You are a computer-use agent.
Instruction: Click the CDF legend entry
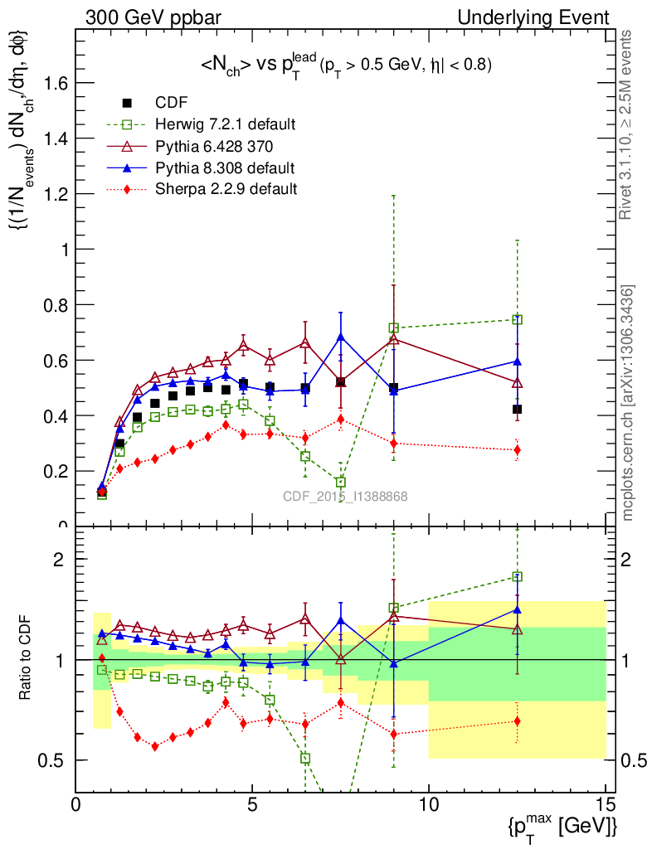point(171,103)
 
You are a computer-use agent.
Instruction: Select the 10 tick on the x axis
point(429,805)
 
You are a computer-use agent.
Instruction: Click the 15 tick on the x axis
point(606,805)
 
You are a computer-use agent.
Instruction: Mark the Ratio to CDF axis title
point(27,659)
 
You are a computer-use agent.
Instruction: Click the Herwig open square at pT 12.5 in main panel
point(518,319)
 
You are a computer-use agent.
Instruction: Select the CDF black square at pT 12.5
point(518,409)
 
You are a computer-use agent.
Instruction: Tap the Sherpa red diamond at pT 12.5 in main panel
point(518,450)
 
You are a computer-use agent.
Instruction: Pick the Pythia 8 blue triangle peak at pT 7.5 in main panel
point(341,337)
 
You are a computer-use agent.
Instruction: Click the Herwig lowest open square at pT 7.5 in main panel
point(341,483)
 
